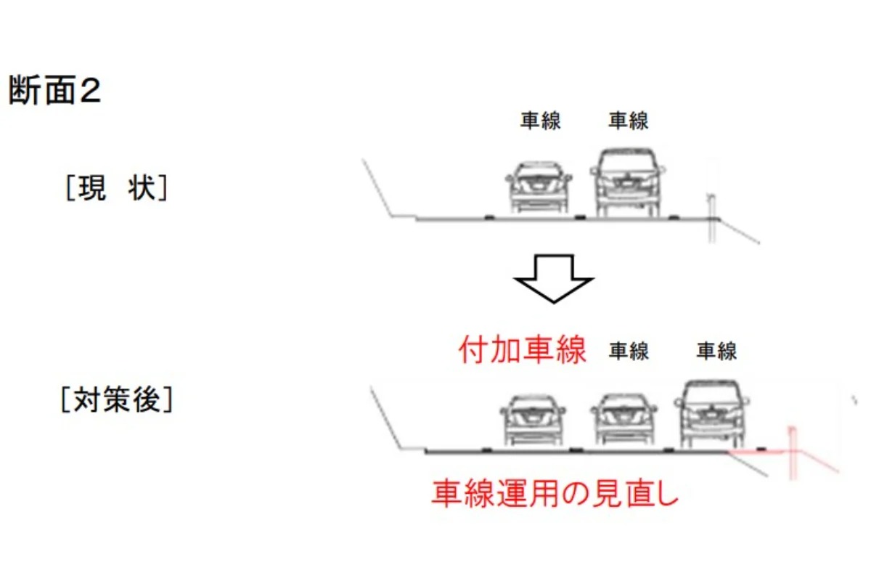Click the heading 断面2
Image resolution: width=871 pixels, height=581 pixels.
[55, 92]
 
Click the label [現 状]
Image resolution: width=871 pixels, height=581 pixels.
[117, 189]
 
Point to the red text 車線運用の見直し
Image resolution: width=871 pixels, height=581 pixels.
[555, 494]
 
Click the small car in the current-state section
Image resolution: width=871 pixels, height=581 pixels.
[539, 187]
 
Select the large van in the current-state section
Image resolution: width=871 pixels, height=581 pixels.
[628, 182]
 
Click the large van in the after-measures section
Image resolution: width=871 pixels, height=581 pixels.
[711, 415]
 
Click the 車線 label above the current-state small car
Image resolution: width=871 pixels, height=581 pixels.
[541, 121]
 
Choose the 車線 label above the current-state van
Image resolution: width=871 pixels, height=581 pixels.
[629, 121]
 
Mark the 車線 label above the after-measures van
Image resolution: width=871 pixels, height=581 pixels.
[717, 352]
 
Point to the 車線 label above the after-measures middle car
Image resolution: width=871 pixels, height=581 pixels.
[629, 352]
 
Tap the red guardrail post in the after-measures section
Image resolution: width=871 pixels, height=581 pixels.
[793, 454]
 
